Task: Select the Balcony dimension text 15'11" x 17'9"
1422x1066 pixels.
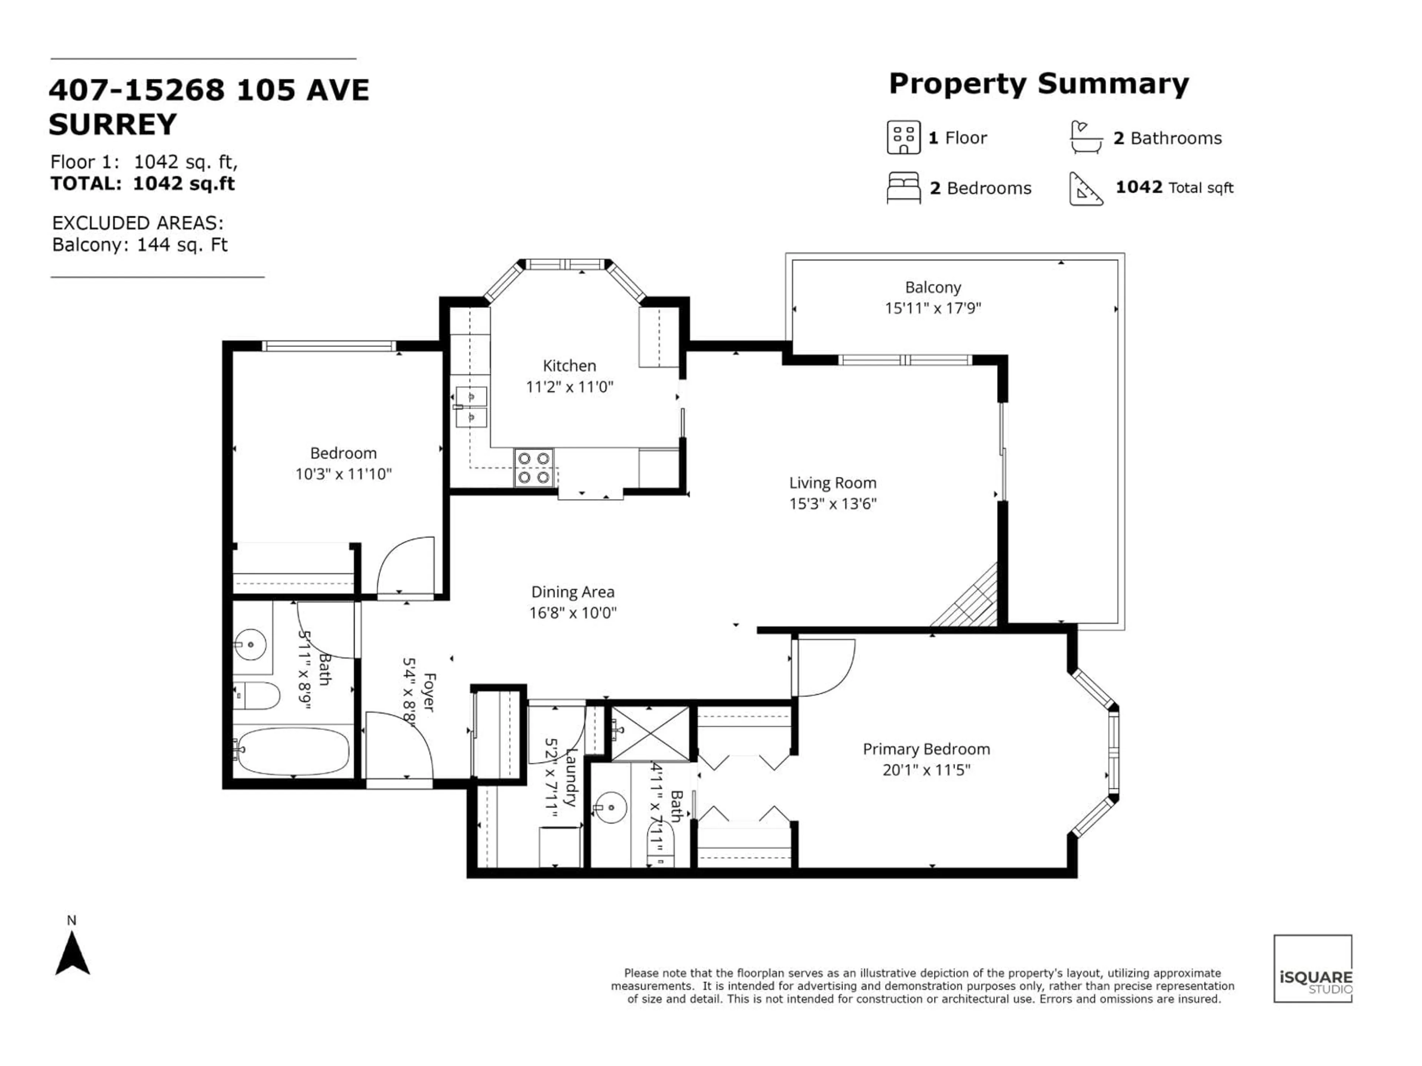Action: (x=933, y=308)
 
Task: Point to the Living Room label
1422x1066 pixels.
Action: (x=832, y=483)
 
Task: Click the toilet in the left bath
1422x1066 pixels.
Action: (x=257, y=695)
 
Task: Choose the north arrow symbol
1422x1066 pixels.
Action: (x=72, y=954)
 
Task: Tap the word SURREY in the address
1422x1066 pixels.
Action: (x=113, y=124)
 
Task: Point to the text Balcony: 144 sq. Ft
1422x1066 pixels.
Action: (x=140, y=245)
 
